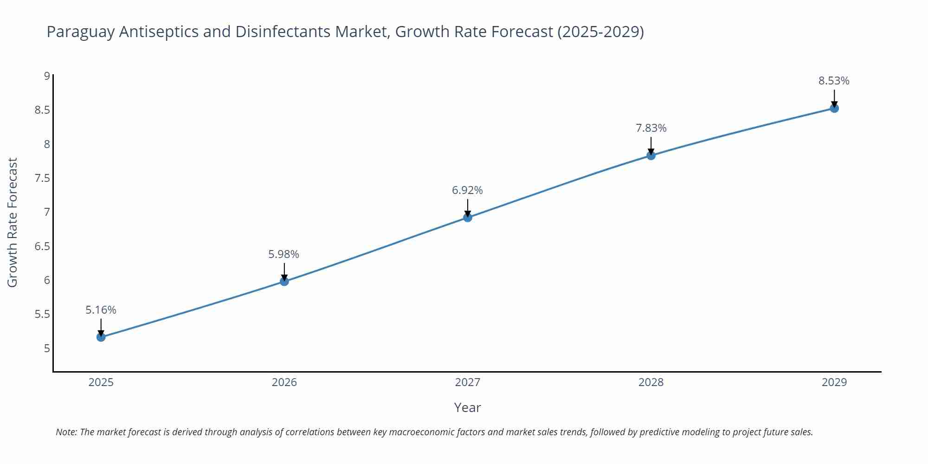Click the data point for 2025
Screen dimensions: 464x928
click(101, 337)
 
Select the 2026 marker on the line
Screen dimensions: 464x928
click(284, 281)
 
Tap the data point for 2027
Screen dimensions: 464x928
click(468, 217)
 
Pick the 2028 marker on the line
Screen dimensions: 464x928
click(651, 155)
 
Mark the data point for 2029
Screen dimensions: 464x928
click(834, 108)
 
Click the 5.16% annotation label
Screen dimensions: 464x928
click(101, 310)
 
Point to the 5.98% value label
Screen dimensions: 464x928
click(284, 254)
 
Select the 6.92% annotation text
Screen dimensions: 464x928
click(467, 190)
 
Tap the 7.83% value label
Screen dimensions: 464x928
click(651, 128)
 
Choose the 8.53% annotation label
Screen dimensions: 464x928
click(834, 81)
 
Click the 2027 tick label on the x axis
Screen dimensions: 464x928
click(468, 382)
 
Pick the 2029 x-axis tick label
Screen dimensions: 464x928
click(834, 382)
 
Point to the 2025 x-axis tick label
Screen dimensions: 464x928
click(101, 382)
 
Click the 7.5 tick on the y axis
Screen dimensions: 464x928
click(42, 178)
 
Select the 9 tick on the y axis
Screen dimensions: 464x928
click(47, 76)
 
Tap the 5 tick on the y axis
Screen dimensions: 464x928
click(47, 348)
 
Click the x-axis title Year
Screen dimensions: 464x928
click(467, 407)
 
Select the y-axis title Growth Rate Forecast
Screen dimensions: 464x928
click(13, 222)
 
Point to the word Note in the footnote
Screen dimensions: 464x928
click(66, 432)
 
